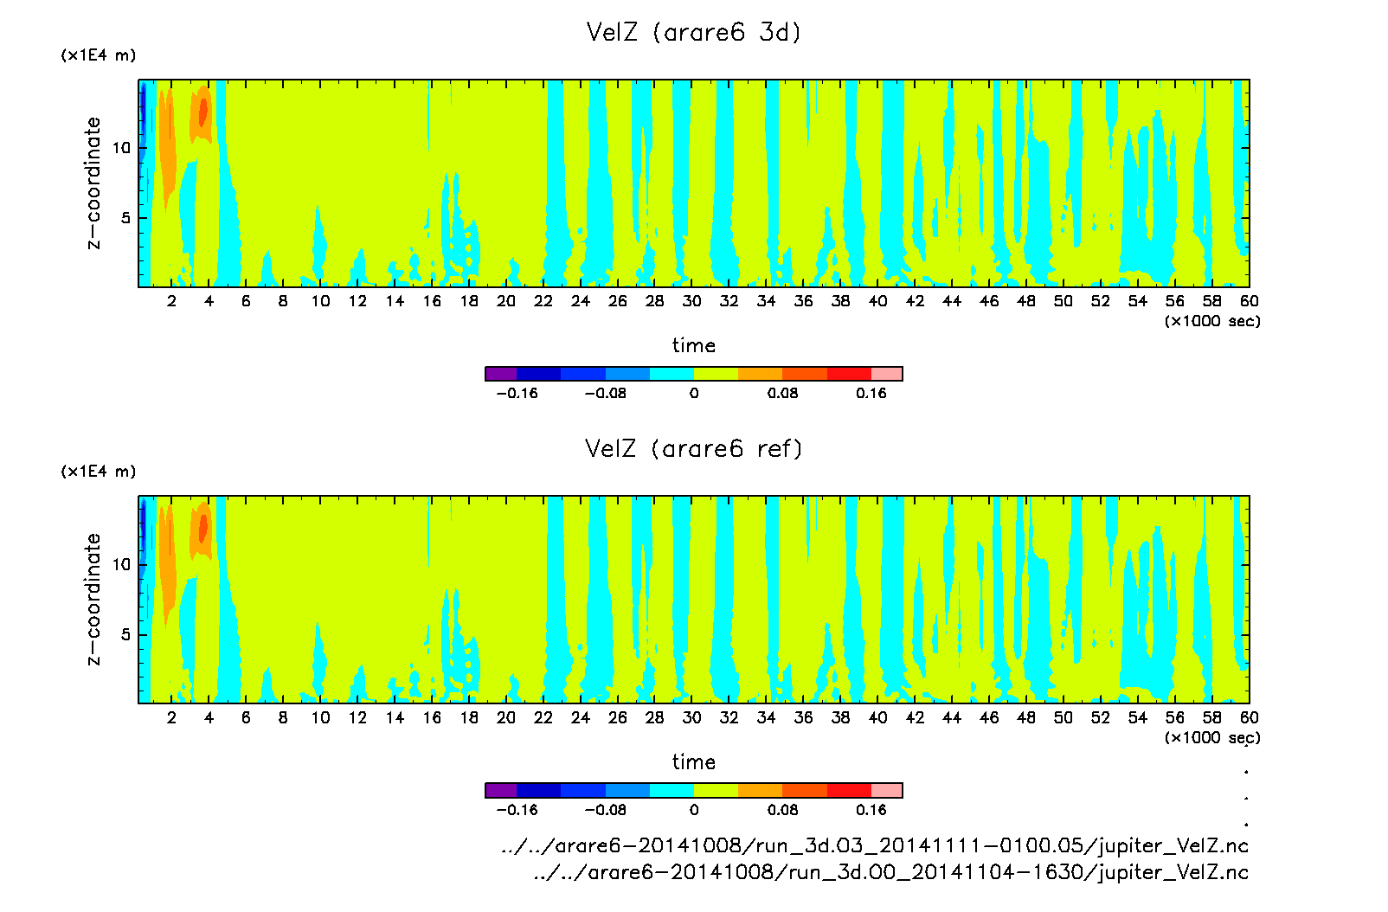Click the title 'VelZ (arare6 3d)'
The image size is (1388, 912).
(693, 33)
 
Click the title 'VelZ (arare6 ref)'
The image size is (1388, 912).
(693, 449)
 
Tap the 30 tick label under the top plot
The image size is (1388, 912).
(691, 301)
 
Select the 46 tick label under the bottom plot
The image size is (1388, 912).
(989, 717)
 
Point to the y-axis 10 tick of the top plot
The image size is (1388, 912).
(121, 148)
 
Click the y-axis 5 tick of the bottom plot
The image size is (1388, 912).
(126, 634)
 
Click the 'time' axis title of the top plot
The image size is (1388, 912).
(693, 345)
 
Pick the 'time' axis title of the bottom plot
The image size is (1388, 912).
(693, 762)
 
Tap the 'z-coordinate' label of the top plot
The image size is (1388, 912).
(93, 183)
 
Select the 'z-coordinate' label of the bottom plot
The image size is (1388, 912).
(93, 600)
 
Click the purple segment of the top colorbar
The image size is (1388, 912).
(501, 374)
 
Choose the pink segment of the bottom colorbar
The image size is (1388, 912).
(887, 790)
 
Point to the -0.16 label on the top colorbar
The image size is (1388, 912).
(517, 394)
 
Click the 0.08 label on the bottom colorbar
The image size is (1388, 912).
(782, 810)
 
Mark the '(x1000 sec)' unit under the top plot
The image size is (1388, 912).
(1211, 321)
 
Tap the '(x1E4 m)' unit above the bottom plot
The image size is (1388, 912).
(98, 472)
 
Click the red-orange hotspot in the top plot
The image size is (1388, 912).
(203, 112)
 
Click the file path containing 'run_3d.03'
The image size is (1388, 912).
(874, 845)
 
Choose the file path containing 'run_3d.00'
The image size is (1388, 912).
(890, 872)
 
